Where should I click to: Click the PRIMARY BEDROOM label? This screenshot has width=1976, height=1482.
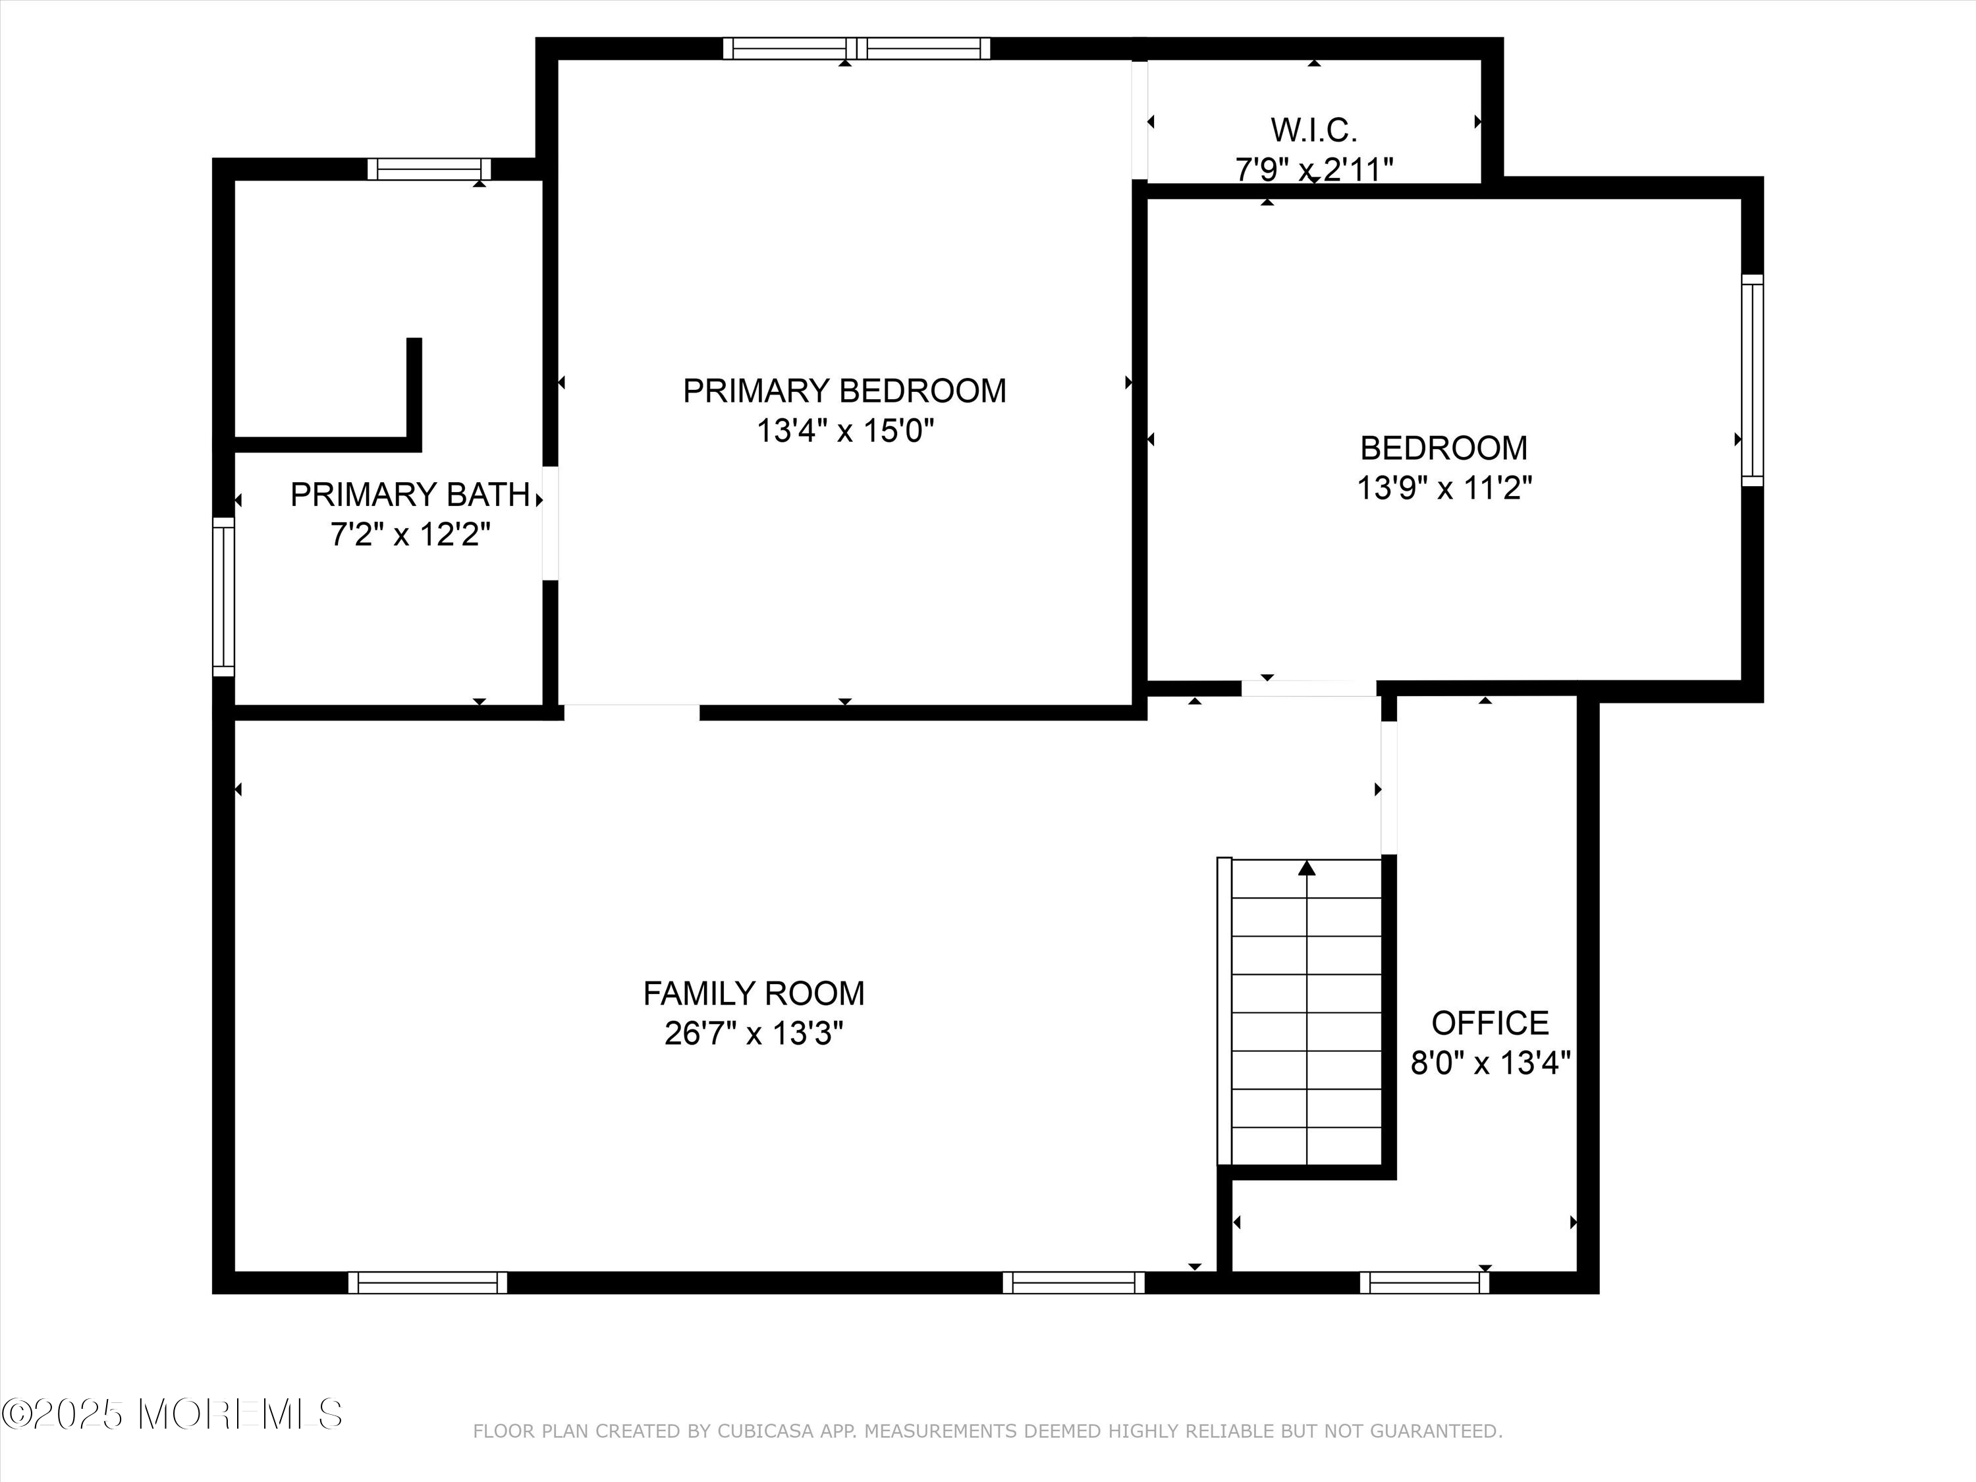coord(844,391)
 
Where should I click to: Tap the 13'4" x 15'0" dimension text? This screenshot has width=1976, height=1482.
coord(844,431)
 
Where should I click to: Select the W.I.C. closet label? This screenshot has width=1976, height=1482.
coord(1313,130)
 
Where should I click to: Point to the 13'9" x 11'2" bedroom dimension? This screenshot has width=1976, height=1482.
coord(1444,489)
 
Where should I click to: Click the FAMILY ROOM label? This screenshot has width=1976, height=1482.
coord(753,993)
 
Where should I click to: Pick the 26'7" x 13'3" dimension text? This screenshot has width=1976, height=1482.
coord(753,1033)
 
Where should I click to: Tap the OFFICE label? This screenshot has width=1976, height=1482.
coord(1489,1023)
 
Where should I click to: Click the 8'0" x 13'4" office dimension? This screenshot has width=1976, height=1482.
coord(1489,1063)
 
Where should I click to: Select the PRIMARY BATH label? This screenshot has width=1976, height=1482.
coord(410,495)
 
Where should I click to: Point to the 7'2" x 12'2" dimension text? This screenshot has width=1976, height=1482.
coord(410,535)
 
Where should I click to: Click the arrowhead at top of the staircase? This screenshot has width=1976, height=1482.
coord(1307,867)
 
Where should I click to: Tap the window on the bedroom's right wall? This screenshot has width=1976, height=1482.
coord(1753,381)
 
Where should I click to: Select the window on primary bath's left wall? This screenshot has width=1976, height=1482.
coord(223,597)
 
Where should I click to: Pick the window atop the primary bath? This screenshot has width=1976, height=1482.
coord(429,169)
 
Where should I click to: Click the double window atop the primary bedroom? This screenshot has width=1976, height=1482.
coord(856,48)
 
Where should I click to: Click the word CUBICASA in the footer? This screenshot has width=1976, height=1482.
coord(765,1431)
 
